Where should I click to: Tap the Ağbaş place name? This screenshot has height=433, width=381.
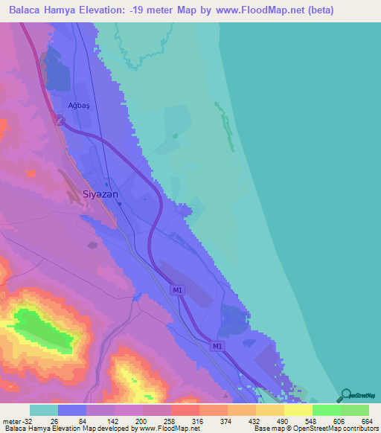(x=78, y=105)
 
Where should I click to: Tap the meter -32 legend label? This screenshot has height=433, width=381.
(x=15, y=420)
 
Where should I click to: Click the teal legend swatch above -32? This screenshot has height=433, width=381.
(x=43, y=410)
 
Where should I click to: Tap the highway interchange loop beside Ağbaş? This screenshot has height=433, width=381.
(x=60, y=121)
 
